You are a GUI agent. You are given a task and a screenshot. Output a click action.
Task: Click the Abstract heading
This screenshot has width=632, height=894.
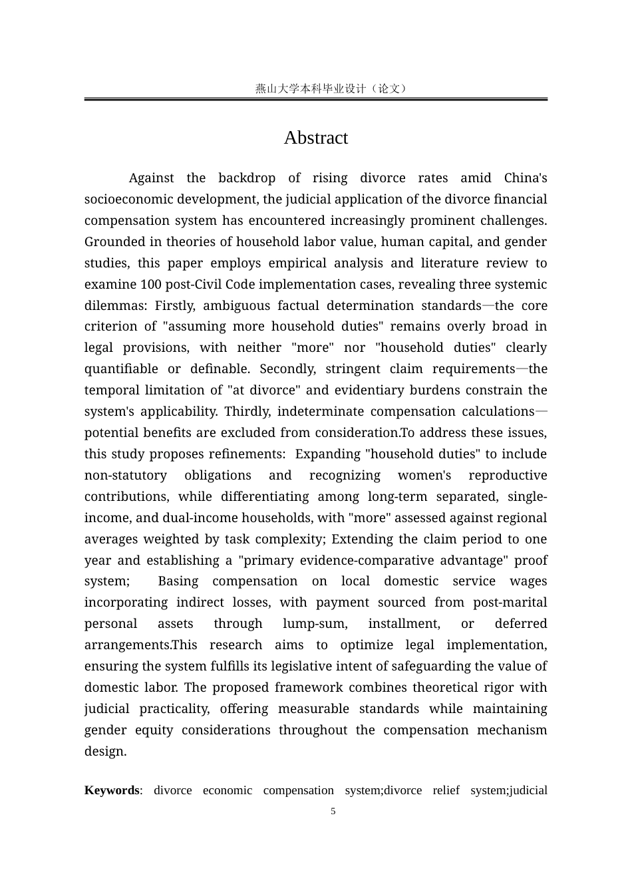pos(315,138)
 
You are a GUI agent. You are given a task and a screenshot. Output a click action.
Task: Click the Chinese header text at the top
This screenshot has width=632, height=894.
pos(331,88)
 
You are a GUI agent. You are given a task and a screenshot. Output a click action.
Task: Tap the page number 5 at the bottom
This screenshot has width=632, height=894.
pos(333,811)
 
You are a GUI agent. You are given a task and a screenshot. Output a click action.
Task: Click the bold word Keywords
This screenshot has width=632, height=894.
pos(112,790)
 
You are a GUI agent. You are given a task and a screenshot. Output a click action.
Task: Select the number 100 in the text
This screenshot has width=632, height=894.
pos(150,285)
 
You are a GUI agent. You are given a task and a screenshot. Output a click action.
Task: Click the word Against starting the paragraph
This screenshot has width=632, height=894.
pos(151,178)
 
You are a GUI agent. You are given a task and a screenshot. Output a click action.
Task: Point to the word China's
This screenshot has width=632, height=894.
pos(525,178)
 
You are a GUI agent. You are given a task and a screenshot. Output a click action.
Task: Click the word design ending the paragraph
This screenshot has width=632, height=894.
pos(104,752)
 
